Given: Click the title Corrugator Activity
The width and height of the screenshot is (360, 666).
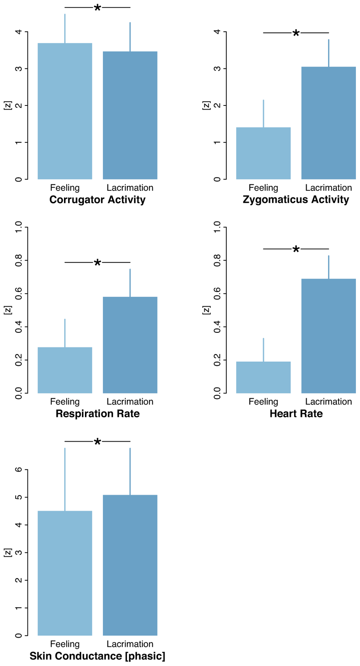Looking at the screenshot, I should pyautogui.click(x=98, y=200).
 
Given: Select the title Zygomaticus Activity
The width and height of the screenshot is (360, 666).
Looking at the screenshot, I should pyautogui.click(x=296, y=200).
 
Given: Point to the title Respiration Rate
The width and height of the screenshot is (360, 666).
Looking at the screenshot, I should pyautogui.click(x=98, y=414).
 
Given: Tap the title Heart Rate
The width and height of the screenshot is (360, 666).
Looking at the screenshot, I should pyautogui.click(x=296, y=414).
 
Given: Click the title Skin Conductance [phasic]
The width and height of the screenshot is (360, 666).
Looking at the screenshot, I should pyautogui.click(x=98, y=656).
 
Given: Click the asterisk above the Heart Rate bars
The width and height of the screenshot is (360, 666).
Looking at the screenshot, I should pyautogui.click(x=296, y=250).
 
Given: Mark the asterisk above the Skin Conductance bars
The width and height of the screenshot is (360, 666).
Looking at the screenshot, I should pyautogui.click(x=98, y=442).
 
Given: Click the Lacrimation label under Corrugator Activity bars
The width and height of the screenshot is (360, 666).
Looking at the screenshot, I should pyautogui.click(x=130, y=188).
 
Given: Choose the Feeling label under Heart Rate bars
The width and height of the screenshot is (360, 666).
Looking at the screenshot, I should pyautogui.click(x=263, y=402).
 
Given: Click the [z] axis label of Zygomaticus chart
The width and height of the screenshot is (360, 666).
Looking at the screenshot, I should pyautogui.click(x=206, y=105).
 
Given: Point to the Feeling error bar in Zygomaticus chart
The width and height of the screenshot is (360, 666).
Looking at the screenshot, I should pyautogui.click(x=263, y=113).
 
